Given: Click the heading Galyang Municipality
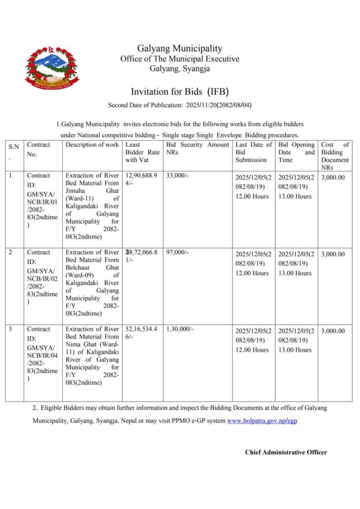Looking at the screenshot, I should tap(180, 49).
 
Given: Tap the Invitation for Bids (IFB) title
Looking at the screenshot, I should tap(180, 91).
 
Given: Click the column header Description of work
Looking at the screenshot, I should tap(92, 145).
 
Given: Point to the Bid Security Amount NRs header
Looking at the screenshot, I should tap(197, 148).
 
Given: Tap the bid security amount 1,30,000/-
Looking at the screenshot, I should tap(180, 329).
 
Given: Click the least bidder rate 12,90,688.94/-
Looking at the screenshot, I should tap(141, 179).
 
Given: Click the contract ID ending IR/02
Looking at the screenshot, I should tap(42, 277).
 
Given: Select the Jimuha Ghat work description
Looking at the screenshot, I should tap(92, 206).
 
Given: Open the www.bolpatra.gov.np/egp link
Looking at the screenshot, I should tap(262, 420).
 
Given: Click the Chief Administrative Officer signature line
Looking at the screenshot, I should tap(286, 452).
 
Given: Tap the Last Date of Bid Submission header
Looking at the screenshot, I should tap(254, 152).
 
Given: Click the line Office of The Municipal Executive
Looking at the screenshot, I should tap(180, 59).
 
